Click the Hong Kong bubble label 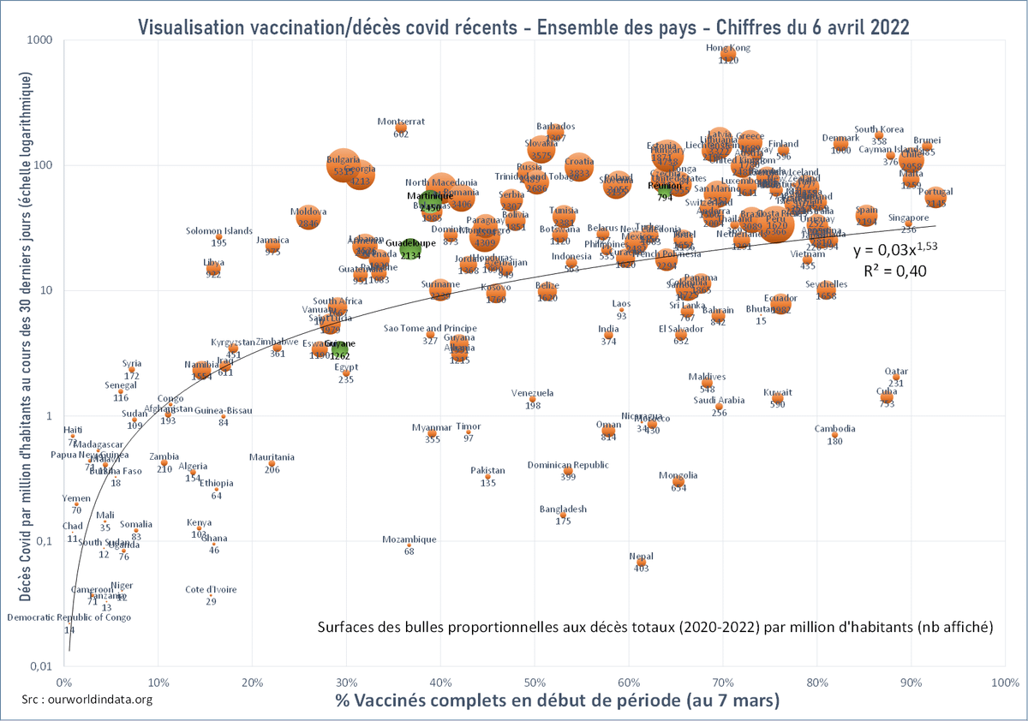click(x=727, y=48)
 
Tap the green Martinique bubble click(x=430, y=201)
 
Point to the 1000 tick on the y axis click(x=39, y=40)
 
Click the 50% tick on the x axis click(x=535, y=682)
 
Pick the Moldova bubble click(x=308, y=217)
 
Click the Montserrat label click(x=401, y=122)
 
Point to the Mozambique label click(x=409, y=539)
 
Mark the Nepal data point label click(x=641, y=556)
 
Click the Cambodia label click(x=834, y=429)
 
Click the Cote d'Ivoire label click(x=211, y=589)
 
